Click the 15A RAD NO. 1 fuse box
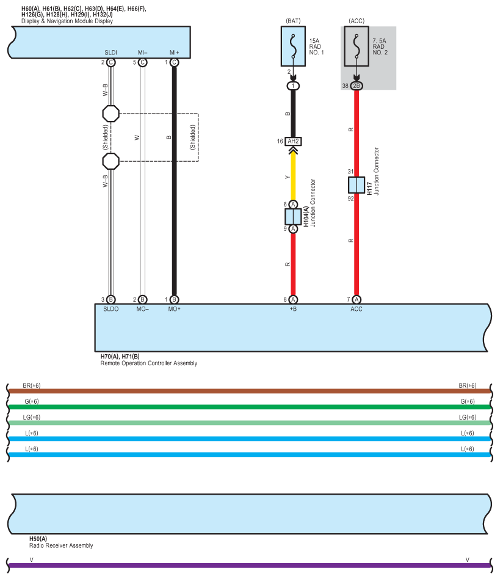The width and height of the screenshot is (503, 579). (293, 46)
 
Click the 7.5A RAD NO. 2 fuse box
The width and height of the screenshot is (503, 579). (356, 46)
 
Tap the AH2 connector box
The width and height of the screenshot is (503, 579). (293, 142)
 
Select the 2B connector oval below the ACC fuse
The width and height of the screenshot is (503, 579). (356, 86)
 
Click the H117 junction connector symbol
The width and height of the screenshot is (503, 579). (356, 185)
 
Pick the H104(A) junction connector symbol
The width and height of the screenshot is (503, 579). (293, 217)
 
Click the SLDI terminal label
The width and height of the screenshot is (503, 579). (110, 53)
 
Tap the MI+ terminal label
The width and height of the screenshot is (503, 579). (174, 53)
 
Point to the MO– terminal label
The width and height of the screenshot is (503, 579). (142, 309)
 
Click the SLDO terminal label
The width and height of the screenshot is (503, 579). (110, 309)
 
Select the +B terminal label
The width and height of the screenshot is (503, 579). (293, 309)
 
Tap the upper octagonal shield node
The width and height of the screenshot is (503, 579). (110, 114)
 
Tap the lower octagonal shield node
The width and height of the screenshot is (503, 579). (110, 161)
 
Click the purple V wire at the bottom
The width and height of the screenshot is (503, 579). (250, 566)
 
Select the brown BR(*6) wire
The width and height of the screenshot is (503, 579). (250, 391)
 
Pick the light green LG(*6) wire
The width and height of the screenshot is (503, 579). (250, 423)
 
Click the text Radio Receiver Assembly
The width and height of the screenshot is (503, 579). (61, 545)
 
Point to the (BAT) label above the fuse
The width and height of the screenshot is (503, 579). (293, 21)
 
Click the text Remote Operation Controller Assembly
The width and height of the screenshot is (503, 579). (149, 363)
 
